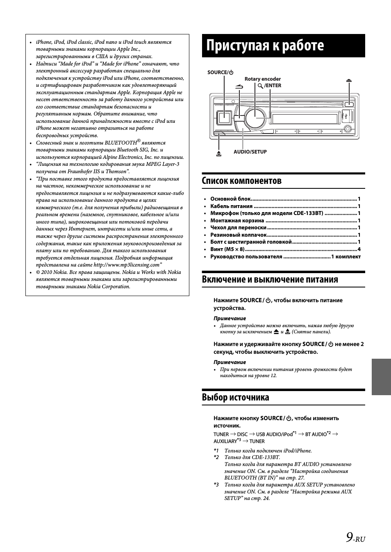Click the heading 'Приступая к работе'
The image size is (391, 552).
tap(265, 45)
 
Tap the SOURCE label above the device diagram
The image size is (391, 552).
tap(220, 72)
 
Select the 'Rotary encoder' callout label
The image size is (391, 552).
tap(262, 79)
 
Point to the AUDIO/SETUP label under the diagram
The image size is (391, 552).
tap(250, 152)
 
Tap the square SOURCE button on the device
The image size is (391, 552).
tap(224, 118)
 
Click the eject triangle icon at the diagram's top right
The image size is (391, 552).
tap(349, 81)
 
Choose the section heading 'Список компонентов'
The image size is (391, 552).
tap(242, 181)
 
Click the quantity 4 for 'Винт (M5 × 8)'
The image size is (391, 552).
tap(359, 249)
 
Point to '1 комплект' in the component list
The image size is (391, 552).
tap(346, 257)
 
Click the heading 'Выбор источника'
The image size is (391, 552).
tap(235, 397)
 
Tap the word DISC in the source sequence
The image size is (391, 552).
tap(242, 434)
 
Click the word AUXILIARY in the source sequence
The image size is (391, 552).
tap(225, 441)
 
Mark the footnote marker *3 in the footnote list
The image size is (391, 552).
tap(216, 485)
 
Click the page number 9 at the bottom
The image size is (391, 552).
tap(349, 537)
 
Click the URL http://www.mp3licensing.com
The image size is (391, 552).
tap(126, 265)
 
